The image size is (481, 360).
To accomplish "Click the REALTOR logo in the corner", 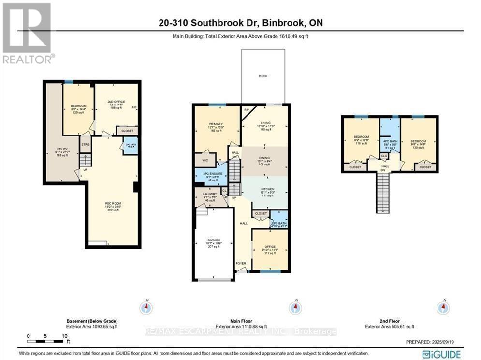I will (x=28, y=33).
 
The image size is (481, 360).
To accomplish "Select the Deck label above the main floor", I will (x=262, y=76).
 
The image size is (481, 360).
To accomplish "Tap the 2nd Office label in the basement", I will (x=116, y=102).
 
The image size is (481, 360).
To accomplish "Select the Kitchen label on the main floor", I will (x=267, y=189).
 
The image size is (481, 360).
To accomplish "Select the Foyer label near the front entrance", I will (x=241, y=263).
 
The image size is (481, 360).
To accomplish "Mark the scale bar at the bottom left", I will (x=46, y=340).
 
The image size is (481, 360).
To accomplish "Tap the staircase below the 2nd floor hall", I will (x=382, y=192).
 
